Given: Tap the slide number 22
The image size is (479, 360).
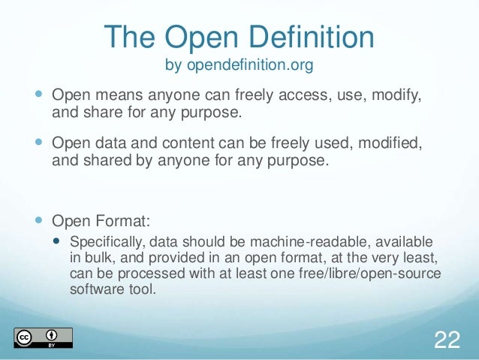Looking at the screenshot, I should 447,340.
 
